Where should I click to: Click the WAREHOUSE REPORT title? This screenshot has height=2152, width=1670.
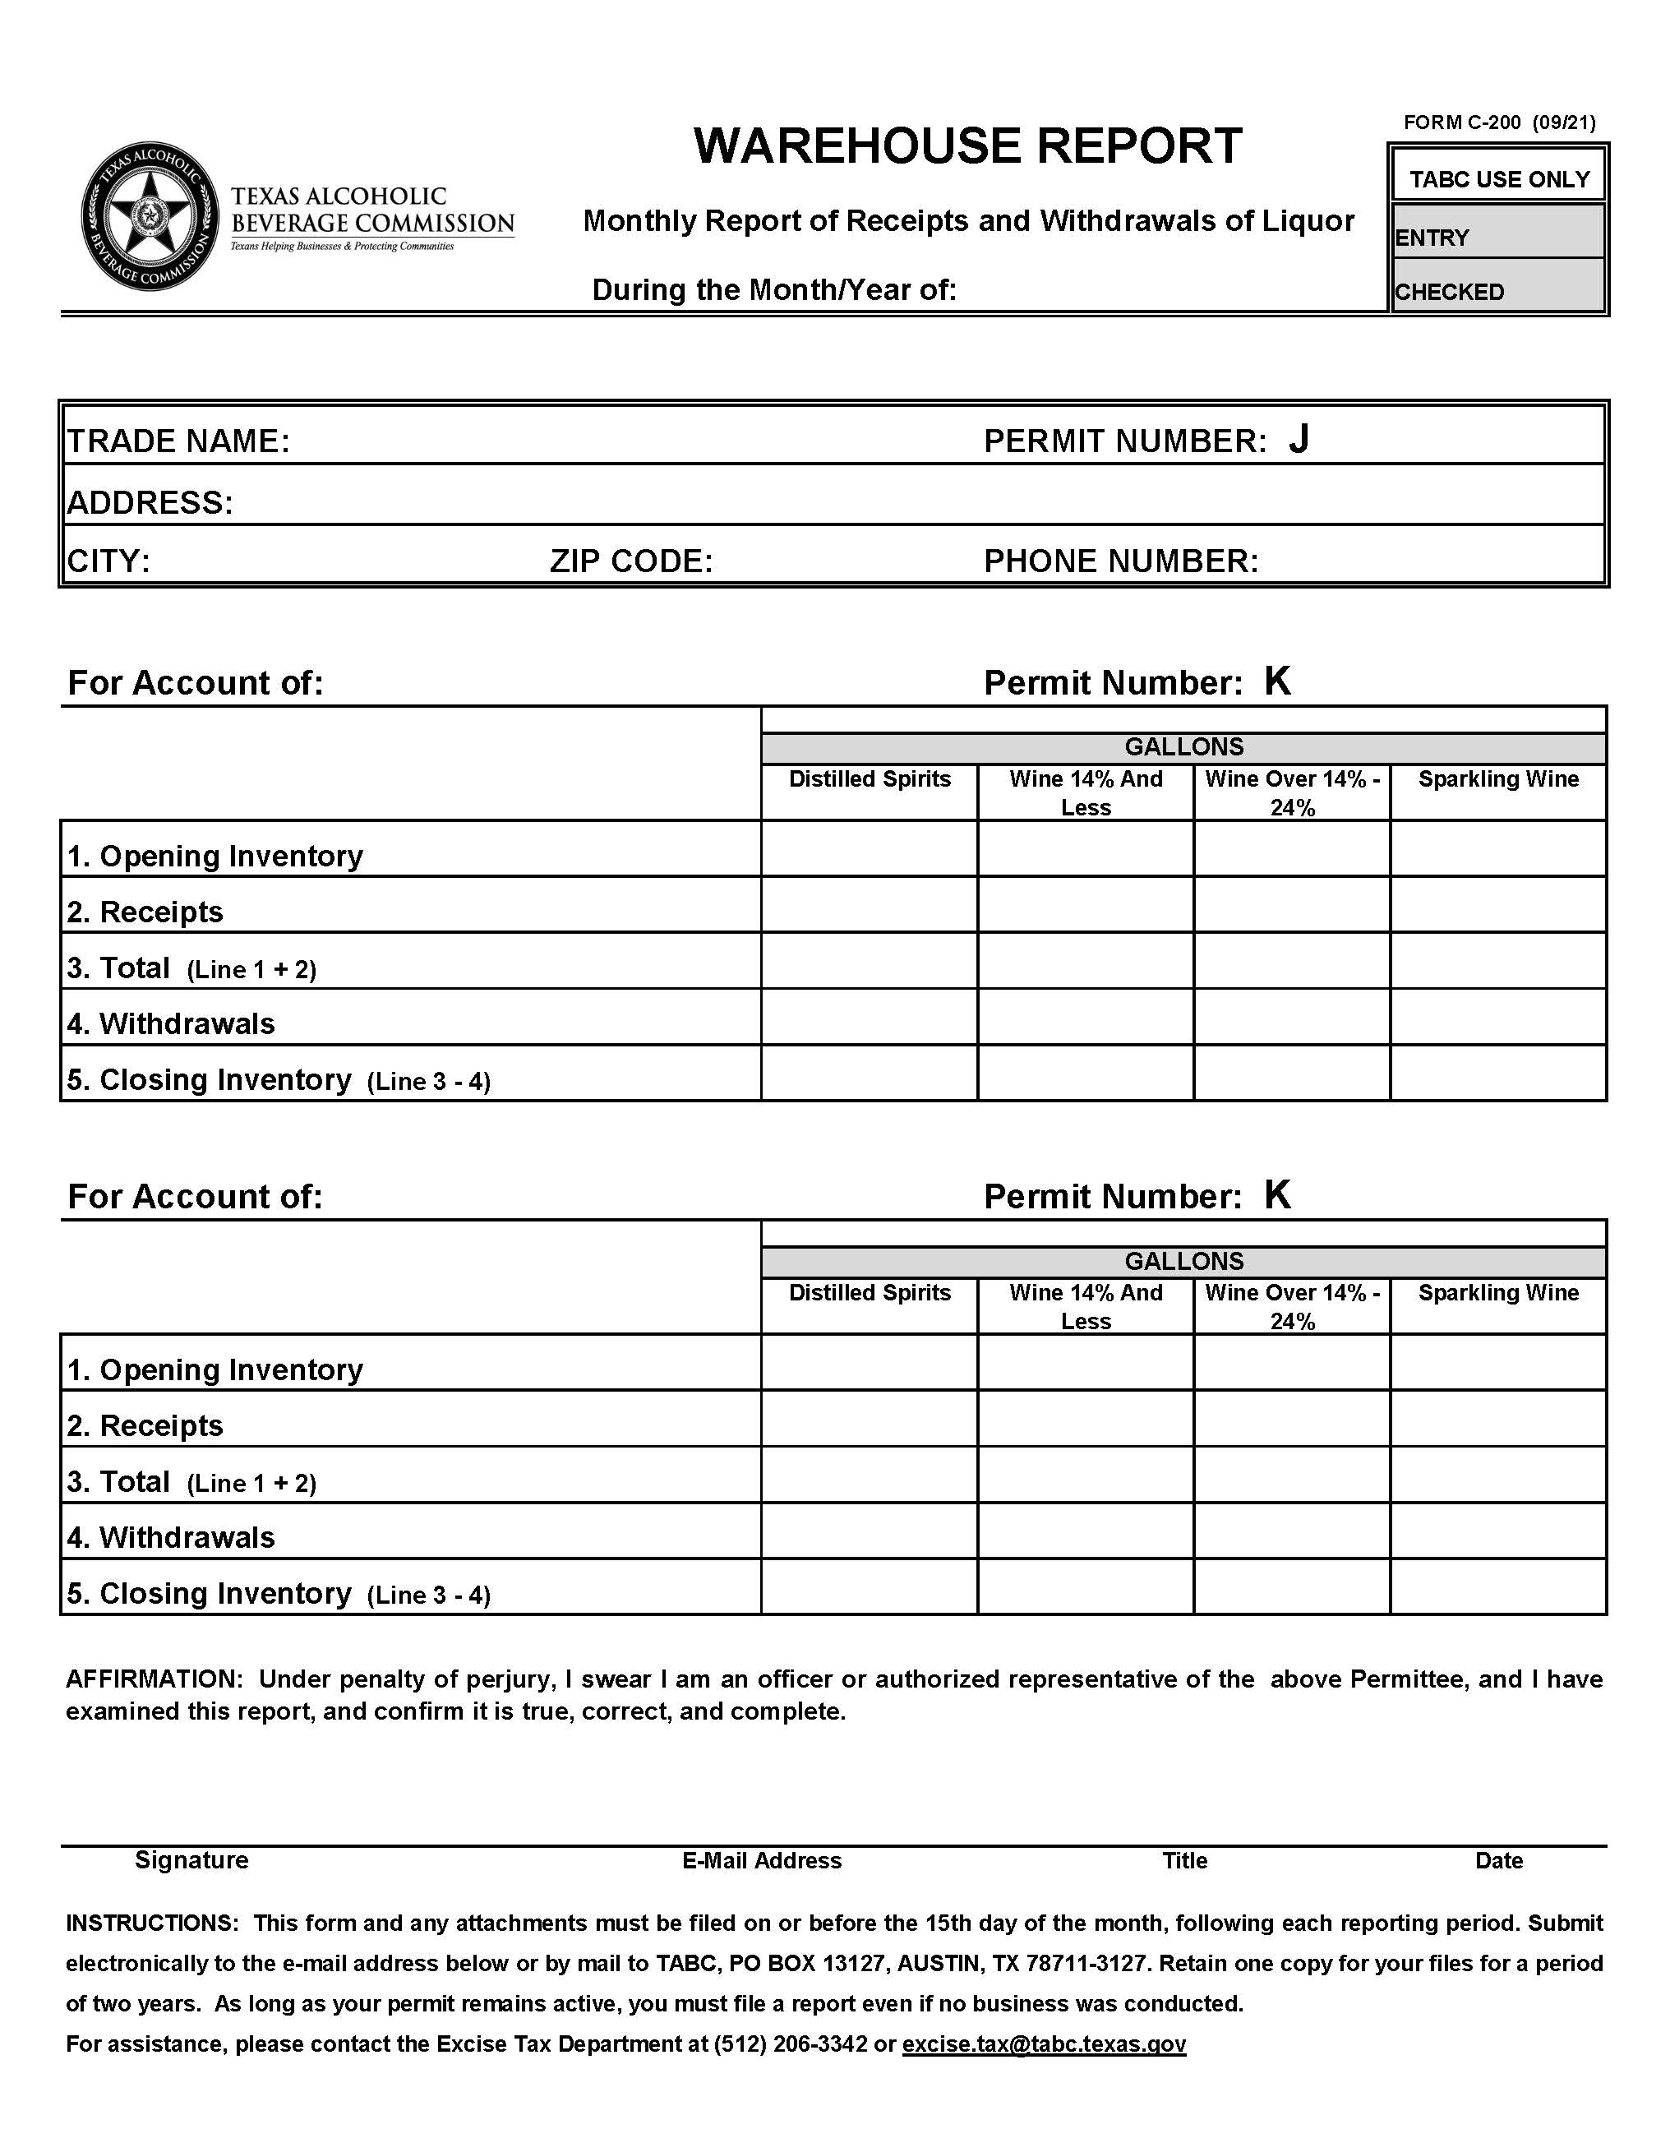pos(967,145)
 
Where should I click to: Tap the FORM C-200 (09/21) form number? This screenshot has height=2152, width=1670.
pos(1498,122)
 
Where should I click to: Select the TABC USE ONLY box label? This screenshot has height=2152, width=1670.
pos(1498,179)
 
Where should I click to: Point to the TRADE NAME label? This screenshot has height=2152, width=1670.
pos(178,441)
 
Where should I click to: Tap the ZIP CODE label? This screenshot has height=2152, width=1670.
pos(630,561)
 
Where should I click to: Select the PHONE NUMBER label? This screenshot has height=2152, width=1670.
pos(1121,561)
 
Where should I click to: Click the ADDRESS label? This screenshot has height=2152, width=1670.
pos(150,502)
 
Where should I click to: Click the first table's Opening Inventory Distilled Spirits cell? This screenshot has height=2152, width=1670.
pos(869,848)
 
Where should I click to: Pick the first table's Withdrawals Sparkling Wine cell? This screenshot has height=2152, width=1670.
pos(1497,1016)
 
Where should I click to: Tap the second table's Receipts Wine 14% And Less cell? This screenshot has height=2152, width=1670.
pos(1086,1418)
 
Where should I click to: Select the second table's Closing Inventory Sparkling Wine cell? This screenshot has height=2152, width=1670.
pos(1497,1586)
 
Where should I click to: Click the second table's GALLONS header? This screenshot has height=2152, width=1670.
pos(1183,1261)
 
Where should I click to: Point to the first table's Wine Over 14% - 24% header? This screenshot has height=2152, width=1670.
pos(1292,792)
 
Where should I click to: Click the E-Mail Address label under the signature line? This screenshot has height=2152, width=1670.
pos(762,1860)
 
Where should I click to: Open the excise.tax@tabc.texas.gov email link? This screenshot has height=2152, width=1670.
pos(1044,2043)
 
